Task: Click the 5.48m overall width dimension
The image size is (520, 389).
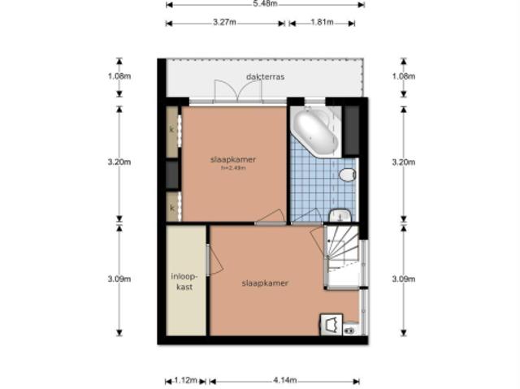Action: (x=264, y=4)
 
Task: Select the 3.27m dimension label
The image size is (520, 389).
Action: (x=225, y=23)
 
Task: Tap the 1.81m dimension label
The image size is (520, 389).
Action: (x=321, y=23)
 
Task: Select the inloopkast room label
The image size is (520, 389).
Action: (x=184, y=281)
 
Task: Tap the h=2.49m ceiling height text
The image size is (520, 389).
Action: (x=232, y=169)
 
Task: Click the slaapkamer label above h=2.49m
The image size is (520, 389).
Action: (x=232, y=160)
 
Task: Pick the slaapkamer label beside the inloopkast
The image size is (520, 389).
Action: (x=265, y=283)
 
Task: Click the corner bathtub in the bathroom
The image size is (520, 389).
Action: (x=315, y=131)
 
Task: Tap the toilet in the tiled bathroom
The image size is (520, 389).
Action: (x=349, y=175)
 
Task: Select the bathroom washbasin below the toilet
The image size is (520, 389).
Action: (x=340, y=214)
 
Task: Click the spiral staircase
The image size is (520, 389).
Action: (x=342, y=255)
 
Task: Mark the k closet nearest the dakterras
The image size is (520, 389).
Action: (x=172, y=129)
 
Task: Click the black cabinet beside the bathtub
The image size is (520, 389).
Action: (x=351, y=130)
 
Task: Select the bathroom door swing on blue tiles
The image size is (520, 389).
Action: (x=306, y=215)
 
